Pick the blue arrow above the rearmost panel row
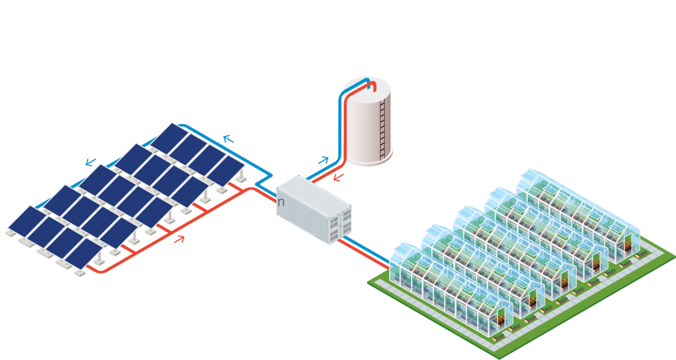[228, 140]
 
